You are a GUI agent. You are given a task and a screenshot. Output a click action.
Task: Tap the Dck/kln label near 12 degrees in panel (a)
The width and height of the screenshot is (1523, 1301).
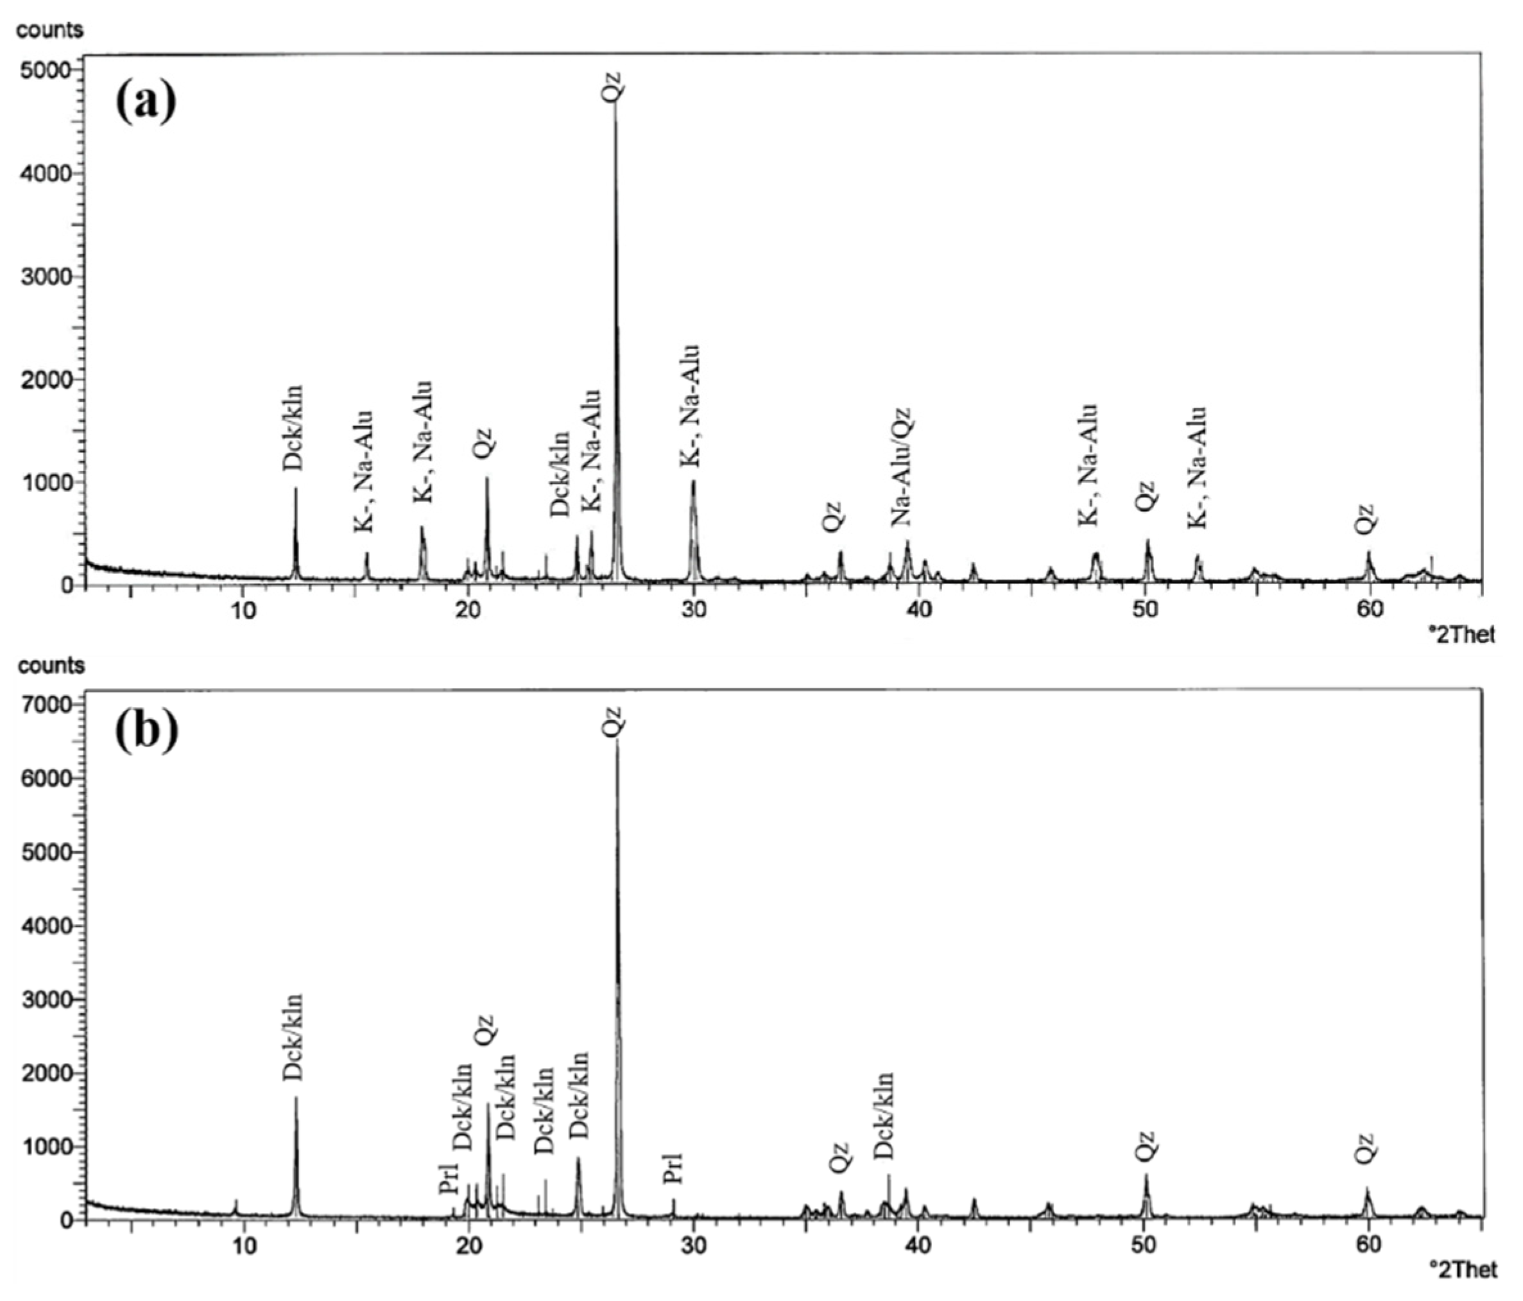[x=294, y=428]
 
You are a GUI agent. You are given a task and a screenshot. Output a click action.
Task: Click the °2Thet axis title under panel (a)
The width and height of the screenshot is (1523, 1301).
[x=1465, y=634]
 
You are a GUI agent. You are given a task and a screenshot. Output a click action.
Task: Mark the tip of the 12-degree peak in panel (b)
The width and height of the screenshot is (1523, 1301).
[x=297, y=1098]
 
